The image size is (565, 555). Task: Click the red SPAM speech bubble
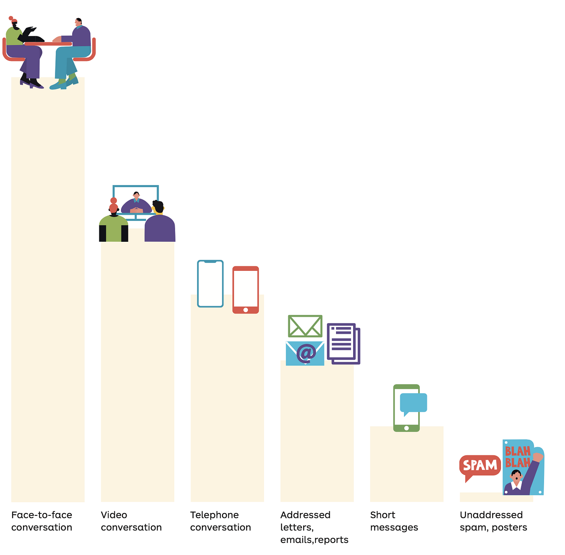[480, 465]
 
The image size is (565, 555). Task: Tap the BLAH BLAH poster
[523, 467]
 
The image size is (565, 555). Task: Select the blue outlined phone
[210, 283]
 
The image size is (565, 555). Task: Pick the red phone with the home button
[245, 289]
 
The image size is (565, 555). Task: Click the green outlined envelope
[305, 326]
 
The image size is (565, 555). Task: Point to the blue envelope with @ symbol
[305, 353]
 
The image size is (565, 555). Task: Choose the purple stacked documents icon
[343, 343]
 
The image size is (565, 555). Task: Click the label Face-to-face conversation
[42, 521]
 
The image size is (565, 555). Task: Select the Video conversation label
[131, 521]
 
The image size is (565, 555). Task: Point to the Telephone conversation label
[220, 521]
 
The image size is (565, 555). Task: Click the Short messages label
[394, 521]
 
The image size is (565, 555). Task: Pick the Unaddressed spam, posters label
[493, 521]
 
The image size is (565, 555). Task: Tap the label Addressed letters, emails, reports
[314, 527]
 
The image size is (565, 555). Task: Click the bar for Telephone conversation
[227, 404]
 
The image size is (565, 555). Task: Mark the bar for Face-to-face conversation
[48, 283]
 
